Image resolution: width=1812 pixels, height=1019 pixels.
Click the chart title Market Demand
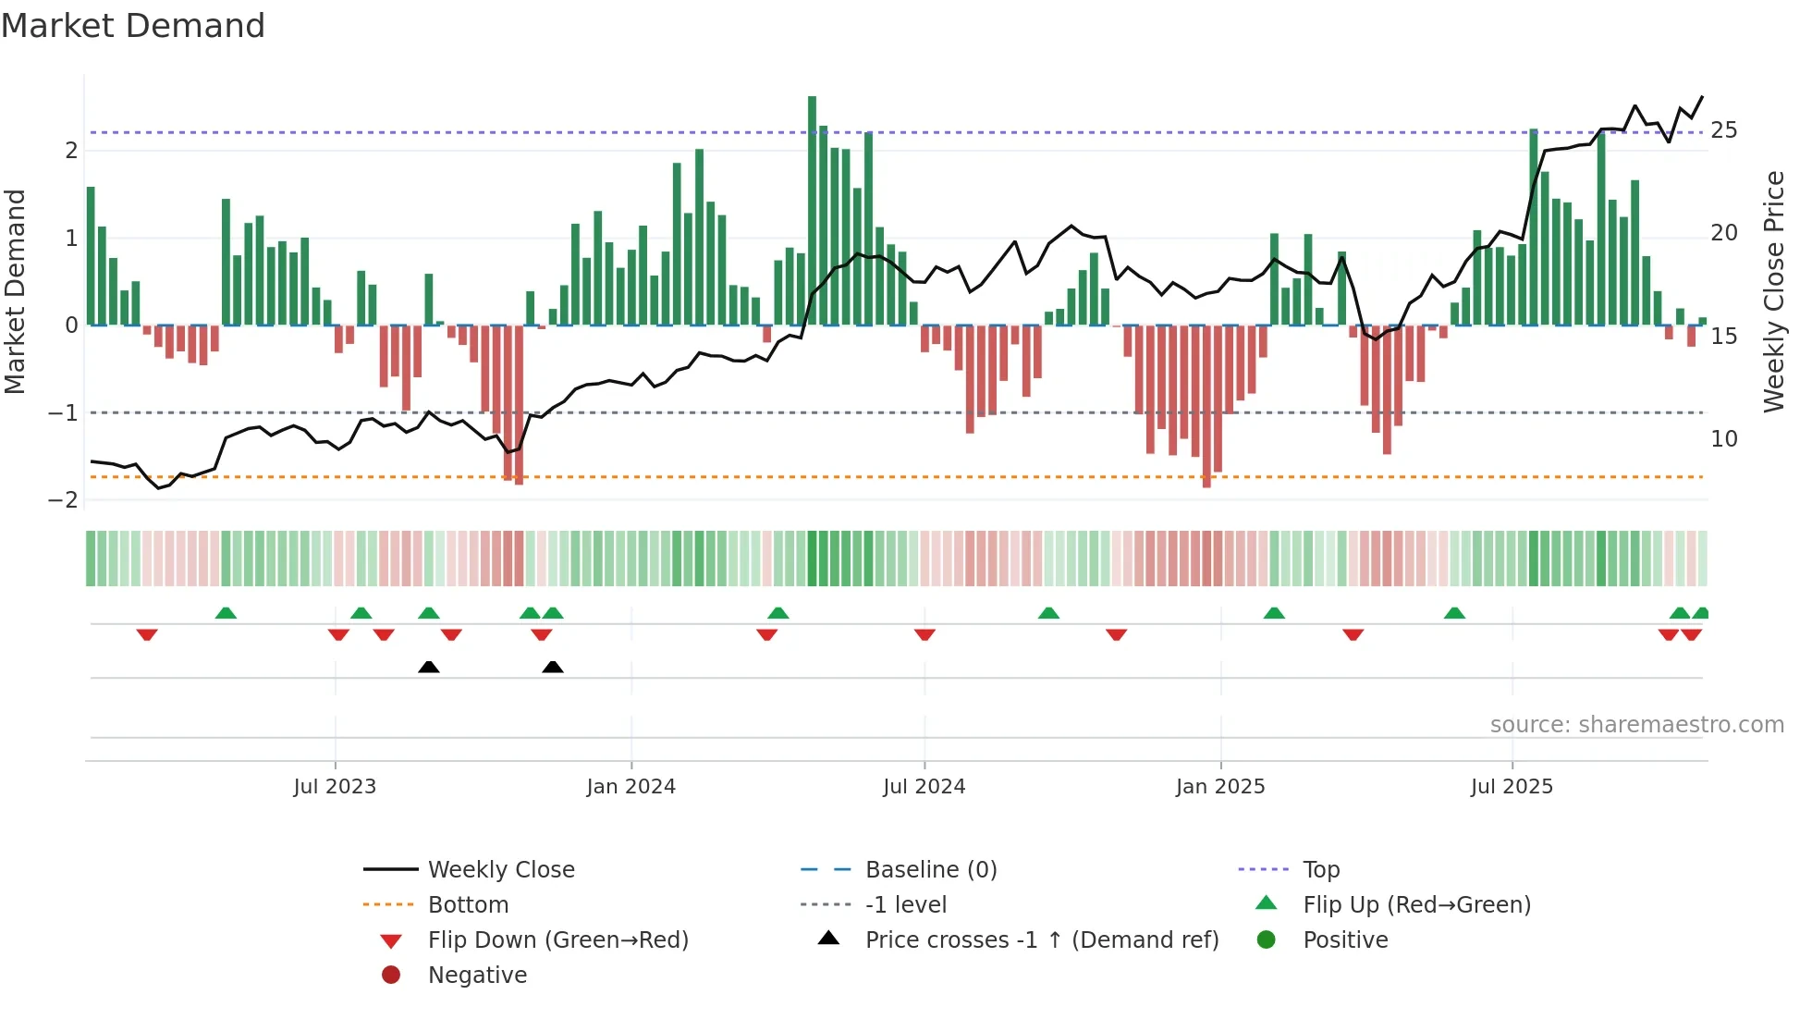133,26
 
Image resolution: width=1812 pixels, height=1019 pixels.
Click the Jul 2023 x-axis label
335,787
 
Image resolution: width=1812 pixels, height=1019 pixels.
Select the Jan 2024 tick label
631,787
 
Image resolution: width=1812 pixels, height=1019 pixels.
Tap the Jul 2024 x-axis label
924,787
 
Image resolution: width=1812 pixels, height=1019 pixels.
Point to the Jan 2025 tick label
1219,787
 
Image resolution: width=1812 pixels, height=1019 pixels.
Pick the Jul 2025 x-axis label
1512,787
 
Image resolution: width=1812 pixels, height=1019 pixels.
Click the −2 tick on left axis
63,500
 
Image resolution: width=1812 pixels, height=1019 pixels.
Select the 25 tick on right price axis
1723,130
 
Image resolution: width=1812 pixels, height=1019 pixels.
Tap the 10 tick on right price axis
1723,439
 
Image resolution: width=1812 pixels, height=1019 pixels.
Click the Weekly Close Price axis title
1773,291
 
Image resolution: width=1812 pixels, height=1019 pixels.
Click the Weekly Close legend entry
500,870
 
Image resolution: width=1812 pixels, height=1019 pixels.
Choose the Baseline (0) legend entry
930,870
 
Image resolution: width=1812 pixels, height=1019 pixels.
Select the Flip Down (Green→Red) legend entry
557,940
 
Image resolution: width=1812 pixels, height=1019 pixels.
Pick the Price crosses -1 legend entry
1041,940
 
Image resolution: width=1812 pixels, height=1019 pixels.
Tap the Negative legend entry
477,976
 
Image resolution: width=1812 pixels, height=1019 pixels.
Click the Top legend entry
1320,870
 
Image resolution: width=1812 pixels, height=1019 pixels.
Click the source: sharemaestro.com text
1636,725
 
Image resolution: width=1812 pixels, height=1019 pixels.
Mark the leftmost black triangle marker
428,667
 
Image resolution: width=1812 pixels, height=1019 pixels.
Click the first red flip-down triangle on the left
147,634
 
